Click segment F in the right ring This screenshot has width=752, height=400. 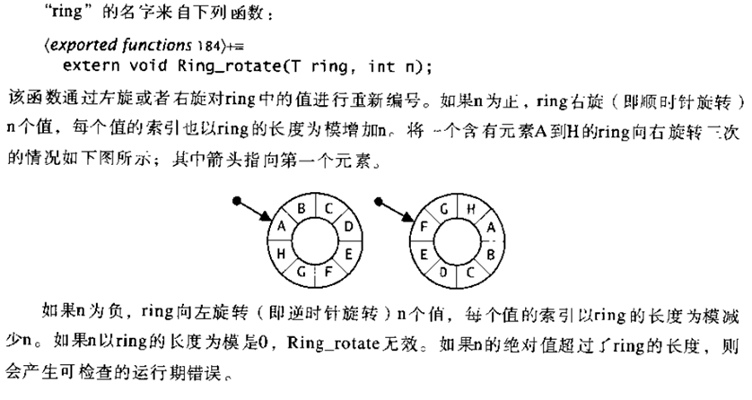(426, 228)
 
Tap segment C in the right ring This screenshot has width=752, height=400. (470, 268)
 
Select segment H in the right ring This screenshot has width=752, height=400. (470, 211)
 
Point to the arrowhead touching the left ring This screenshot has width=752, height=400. (267, 219)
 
